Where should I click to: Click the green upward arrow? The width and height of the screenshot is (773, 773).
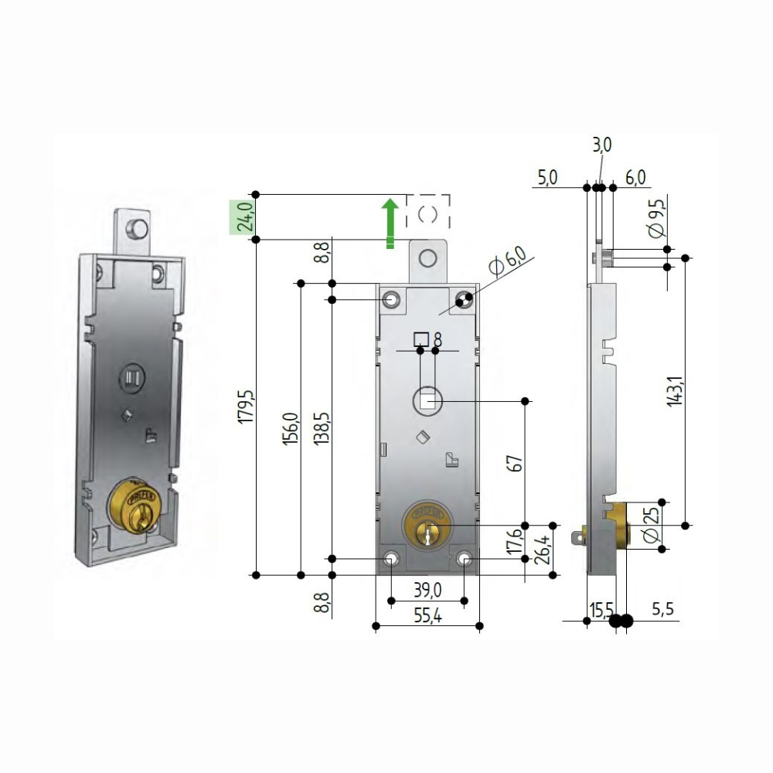(391, 223)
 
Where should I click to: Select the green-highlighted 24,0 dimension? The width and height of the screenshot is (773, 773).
(244, 216)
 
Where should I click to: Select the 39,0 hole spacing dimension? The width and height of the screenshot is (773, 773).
(427, 590)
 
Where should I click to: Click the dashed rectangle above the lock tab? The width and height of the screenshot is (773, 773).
(428, 211)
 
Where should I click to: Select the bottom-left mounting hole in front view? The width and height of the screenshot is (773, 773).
(392, 558)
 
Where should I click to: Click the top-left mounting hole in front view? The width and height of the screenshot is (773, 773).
(393, 299)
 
